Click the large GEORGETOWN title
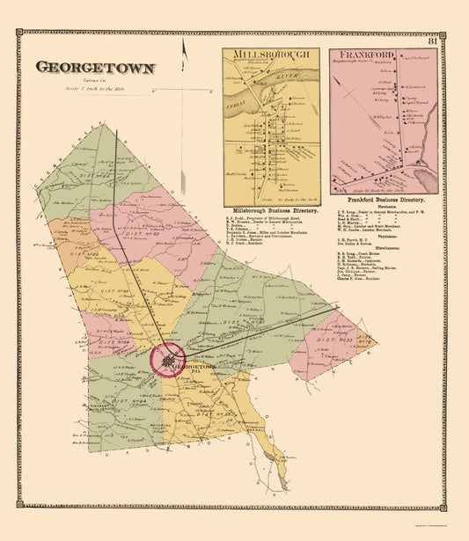pyautogui.click(x=95, y=66)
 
